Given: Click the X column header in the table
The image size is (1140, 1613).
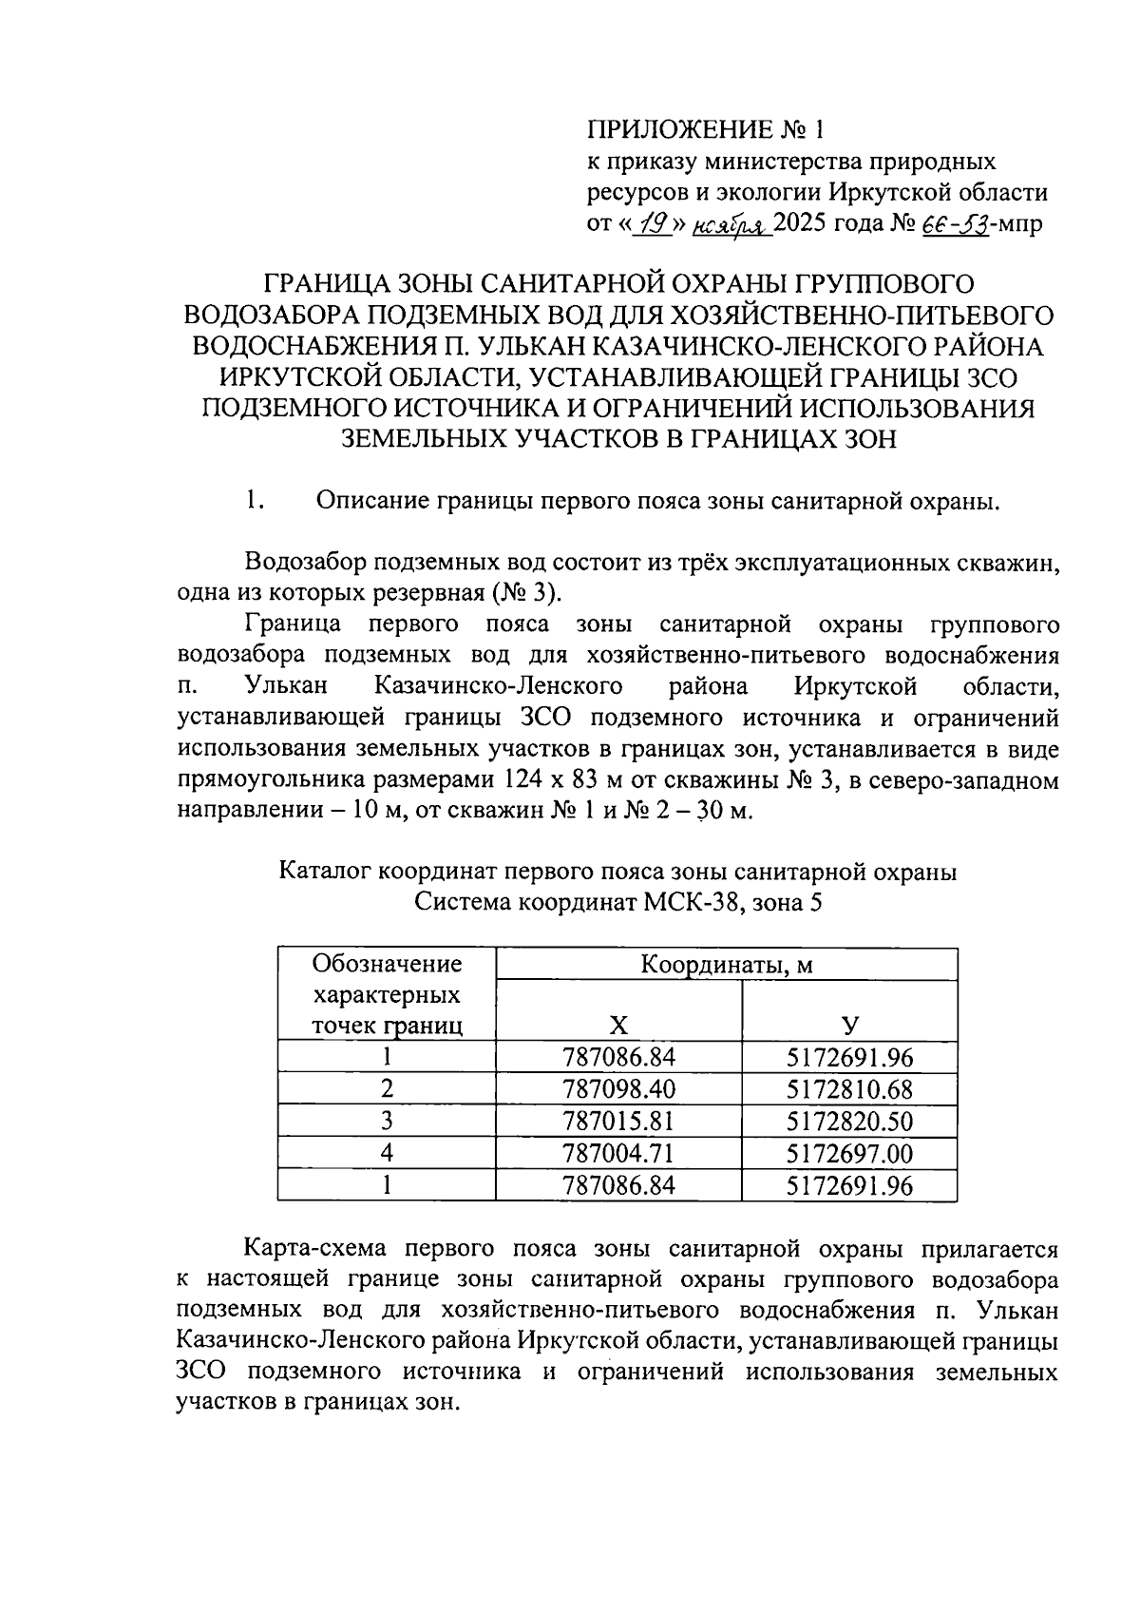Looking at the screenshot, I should coord(618,1025).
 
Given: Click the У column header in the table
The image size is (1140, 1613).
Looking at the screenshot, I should coord(849,1025).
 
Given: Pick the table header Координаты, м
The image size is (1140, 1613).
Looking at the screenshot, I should coord(727,966).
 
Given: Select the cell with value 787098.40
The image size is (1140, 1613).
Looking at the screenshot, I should coord(618,1089).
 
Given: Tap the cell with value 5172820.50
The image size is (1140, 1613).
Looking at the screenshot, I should coord(849,1122).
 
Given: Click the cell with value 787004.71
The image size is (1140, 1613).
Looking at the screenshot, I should coord(618,1154).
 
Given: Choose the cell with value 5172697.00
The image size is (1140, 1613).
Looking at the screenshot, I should coord(849,1154).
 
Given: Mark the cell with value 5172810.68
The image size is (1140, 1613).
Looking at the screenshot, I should coord(849,1089).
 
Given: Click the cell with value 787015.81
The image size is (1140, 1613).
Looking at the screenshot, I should coord(618,1122).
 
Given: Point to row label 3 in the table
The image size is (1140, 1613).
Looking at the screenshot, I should coord(387,1122).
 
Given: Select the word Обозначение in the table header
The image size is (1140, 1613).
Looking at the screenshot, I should coord(387,965).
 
